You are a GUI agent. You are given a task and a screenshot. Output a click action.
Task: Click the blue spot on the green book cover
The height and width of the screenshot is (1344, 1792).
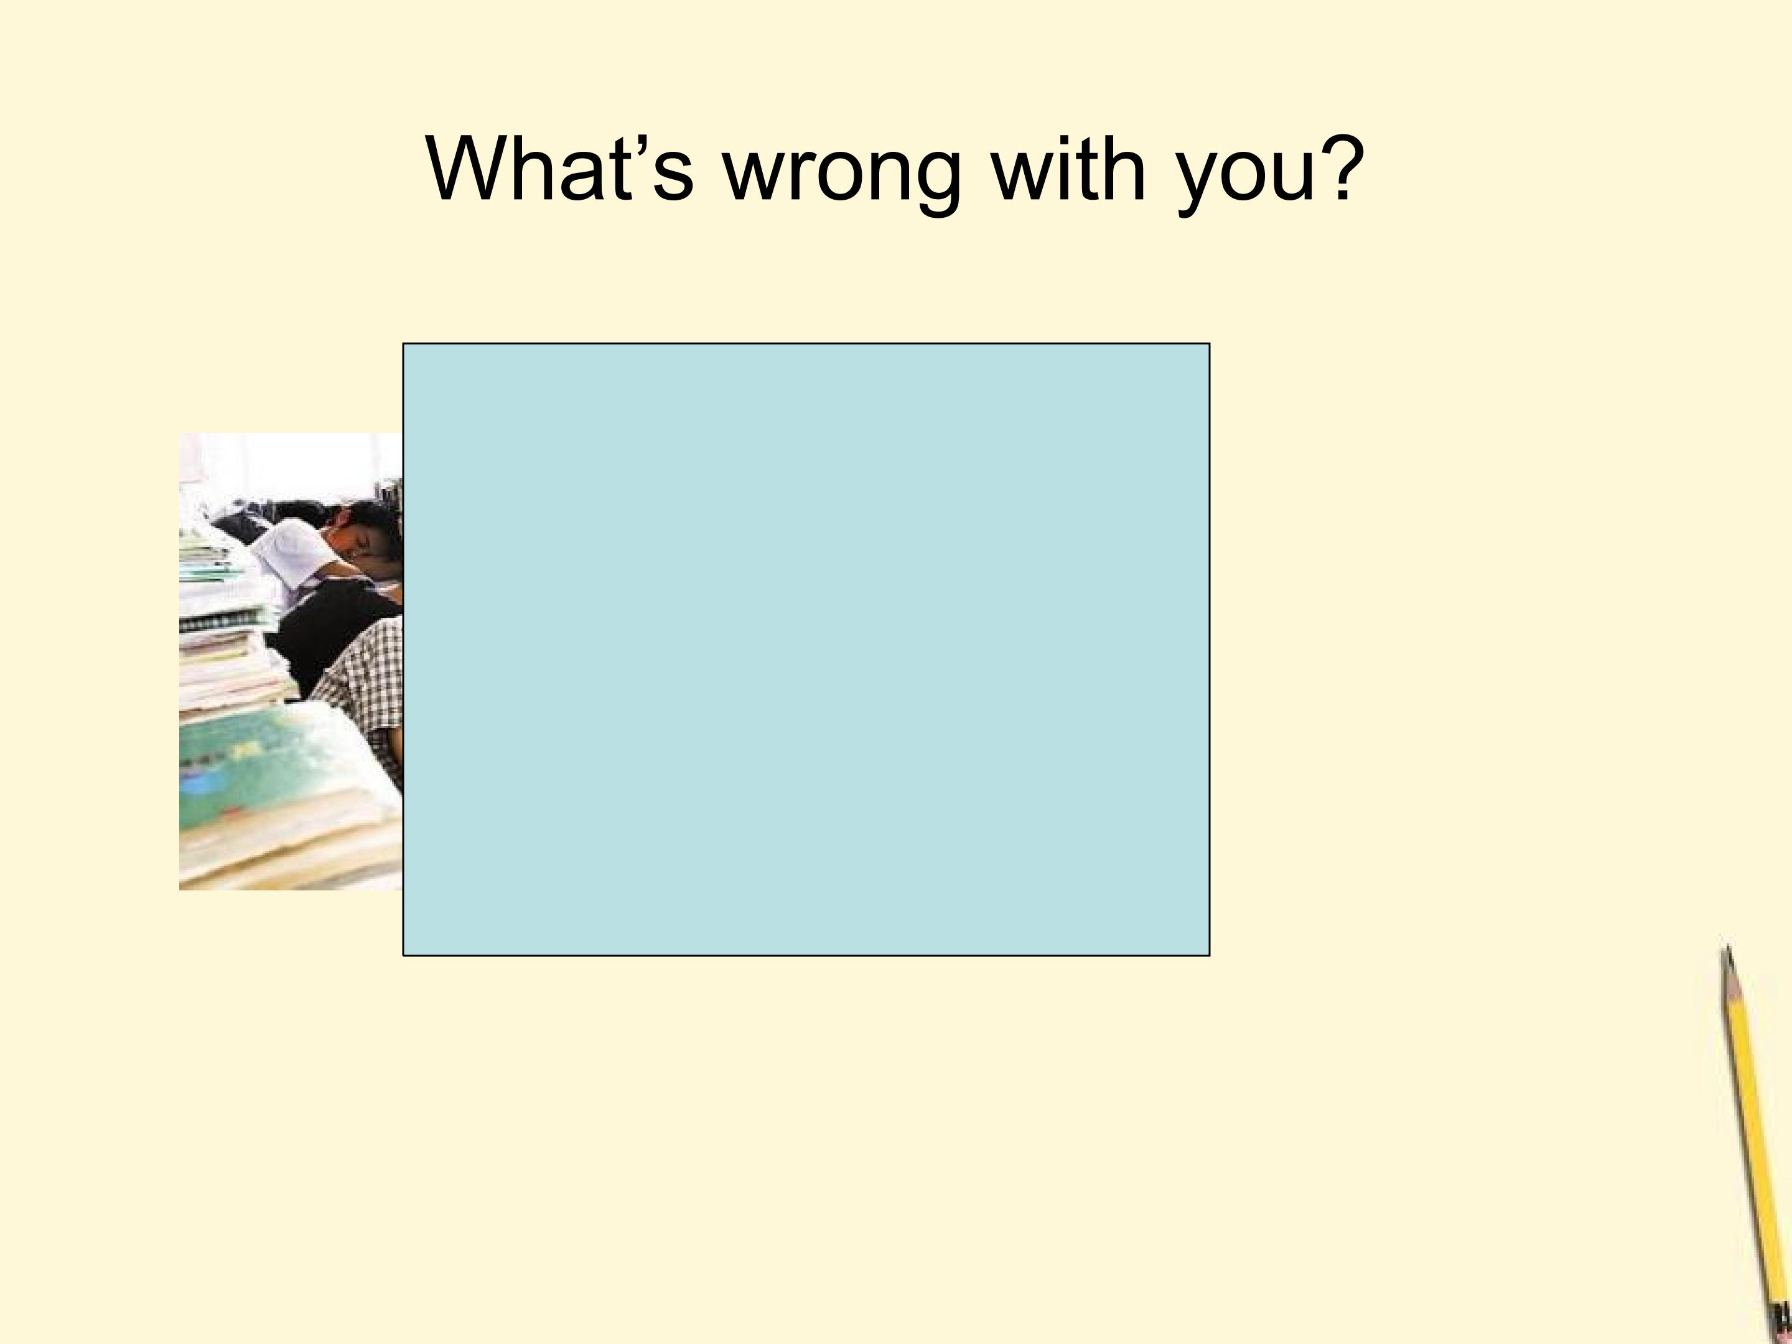coord(194,784)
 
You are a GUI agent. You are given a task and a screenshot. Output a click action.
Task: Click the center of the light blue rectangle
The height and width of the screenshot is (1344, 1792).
coord(806,650)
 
